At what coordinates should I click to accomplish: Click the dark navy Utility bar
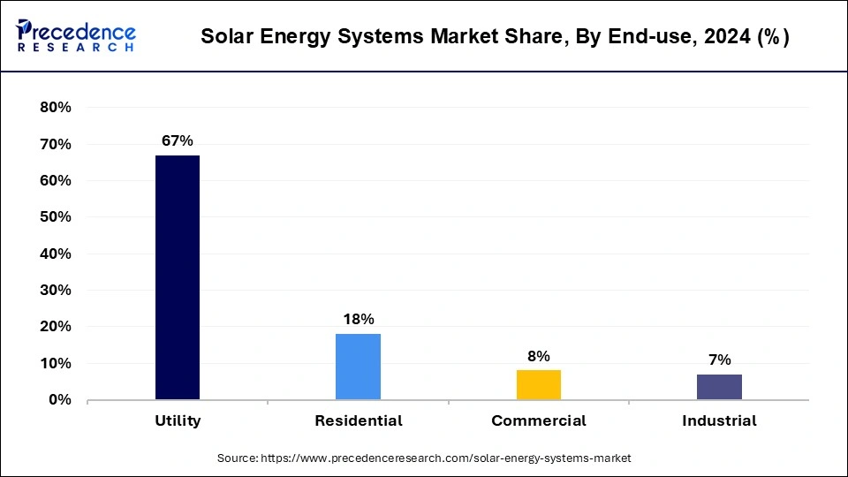pos(178,277)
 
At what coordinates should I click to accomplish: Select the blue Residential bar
pos(358,367)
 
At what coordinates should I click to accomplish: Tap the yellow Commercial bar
pos(539,384)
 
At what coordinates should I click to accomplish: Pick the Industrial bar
pos(719,387)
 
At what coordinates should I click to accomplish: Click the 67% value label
pos(177,141)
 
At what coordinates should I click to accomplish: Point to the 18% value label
pos(358,319)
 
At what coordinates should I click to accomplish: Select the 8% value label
pos(539,356)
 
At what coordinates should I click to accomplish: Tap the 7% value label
pos(719,360)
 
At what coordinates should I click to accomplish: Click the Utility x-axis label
pos(178,421)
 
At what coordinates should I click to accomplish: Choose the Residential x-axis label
pos(358,421)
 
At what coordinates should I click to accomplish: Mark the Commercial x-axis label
pos(539,421)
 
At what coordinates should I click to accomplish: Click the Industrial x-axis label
pos(719,421)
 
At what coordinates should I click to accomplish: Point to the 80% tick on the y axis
pos(56,108)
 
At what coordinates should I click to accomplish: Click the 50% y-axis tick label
pos(56,217)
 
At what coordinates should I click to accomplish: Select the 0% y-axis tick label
pos(59,400)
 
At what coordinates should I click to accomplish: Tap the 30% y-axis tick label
pos(56,291)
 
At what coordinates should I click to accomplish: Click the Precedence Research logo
pos(76,36)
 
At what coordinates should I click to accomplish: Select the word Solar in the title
pos(226,37)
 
